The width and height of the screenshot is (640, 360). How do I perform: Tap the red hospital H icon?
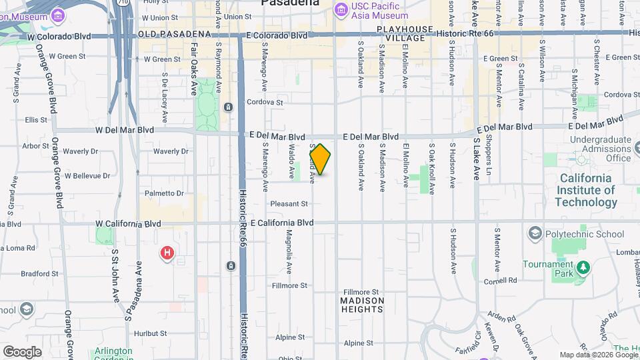(167, 253)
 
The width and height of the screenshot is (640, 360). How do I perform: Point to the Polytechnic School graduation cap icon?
(535, 234)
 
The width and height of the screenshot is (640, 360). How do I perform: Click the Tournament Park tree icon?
(584, 268)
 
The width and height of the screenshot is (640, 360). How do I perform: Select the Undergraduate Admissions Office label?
(600, 149)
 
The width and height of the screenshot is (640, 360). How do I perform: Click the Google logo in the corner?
(22, 351)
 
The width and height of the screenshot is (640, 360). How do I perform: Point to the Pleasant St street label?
(289, 203)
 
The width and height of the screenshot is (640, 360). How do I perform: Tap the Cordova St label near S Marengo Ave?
(265, 103)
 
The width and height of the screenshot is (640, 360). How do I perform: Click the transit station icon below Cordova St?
(228, 107)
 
